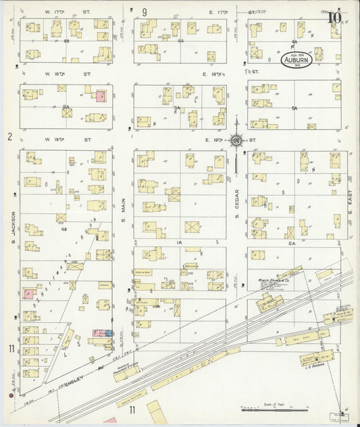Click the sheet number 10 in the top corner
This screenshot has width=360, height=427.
(x=334, y=18)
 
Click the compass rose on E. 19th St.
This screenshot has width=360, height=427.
(x=237, y=140)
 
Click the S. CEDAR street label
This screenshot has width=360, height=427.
(x=237, y=217)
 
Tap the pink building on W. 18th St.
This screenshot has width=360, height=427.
(x=100, y=97)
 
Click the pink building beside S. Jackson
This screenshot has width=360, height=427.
(x=28, y=294)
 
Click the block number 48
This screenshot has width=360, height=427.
(x=66, y=229)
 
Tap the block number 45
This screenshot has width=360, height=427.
(x=66, y=41)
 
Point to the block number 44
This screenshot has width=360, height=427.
(x=181, y=41)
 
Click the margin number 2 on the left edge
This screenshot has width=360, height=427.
(x=9, y=137)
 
